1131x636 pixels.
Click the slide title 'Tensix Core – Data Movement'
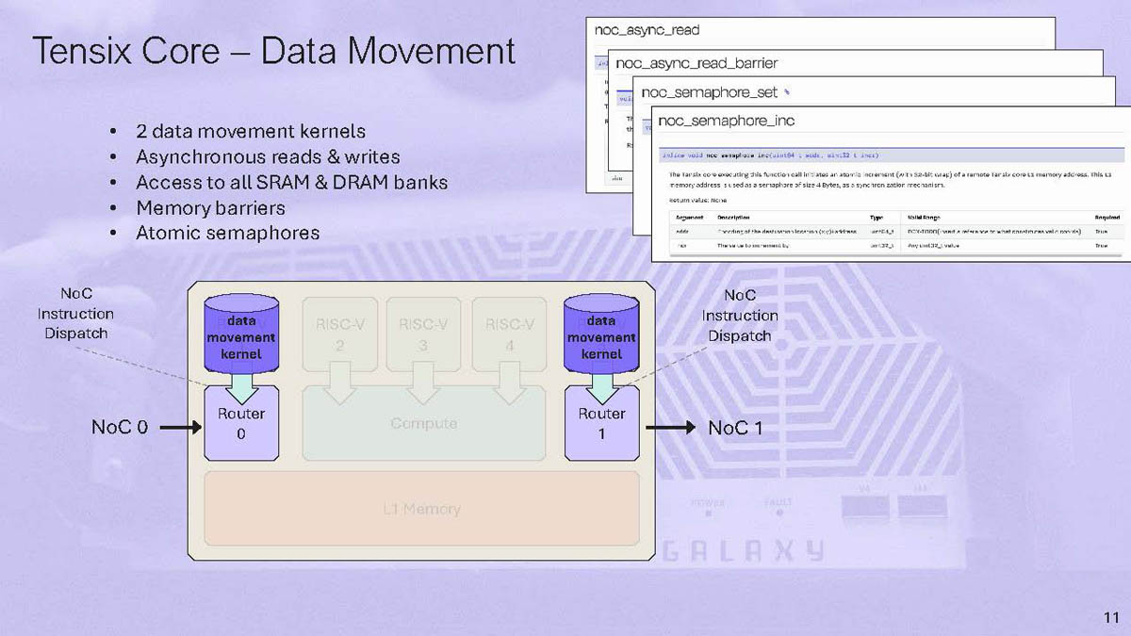[x=273, y=51]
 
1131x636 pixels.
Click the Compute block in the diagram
[x=423, y=425]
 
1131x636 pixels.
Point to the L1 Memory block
[x=421, y=509]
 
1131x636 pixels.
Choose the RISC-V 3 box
[x=423, y=334]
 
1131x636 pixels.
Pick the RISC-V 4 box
[x=509, y=334]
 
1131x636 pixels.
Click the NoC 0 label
[x=120, y=428]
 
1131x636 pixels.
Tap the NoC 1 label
[x=735, y=428]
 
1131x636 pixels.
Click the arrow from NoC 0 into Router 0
[x=181, y=428]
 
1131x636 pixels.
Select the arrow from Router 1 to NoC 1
[x=670, y=428]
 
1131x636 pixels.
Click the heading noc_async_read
[x=647, y=30]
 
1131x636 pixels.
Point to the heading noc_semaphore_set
[x=710, y=92]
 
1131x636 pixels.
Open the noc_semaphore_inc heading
[x=726, y=121]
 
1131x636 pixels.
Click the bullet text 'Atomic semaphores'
[x=227, y=233]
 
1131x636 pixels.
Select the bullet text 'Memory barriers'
[x=210, y=207]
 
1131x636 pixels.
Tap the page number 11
[x=1109, y=617]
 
